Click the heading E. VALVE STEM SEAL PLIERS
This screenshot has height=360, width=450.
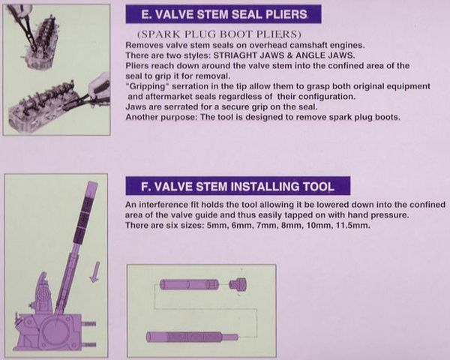click(223, 14)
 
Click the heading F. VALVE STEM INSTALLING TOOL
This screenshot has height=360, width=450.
click(238, 187)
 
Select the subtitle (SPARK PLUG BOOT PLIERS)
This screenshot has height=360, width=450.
click(220, 34)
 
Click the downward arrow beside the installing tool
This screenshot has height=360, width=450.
click(94, 272)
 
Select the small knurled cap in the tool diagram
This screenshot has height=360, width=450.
click(238, 285)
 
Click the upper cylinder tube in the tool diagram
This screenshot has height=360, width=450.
click(190, 284)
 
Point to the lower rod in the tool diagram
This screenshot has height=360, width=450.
click(192, 337)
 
